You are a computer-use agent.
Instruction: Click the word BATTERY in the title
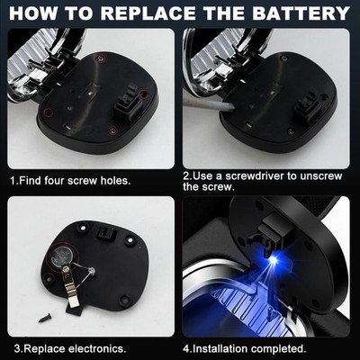(301, 13)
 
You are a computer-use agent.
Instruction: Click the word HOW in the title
(32, 13)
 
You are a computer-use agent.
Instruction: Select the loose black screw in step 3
(46, 318)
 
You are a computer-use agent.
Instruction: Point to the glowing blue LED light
(273, 260)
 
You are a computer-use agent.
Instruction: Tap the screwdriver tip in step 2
(230, 107)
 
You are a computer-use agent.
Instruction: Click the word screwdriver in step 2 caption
(254, 175)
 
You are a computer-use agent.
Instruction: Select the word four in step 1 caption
(55, 181)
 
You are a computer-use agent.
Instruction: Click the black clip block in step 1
(129, 103)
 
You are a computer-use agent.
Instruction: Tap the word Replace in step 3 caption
(44, 349)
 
